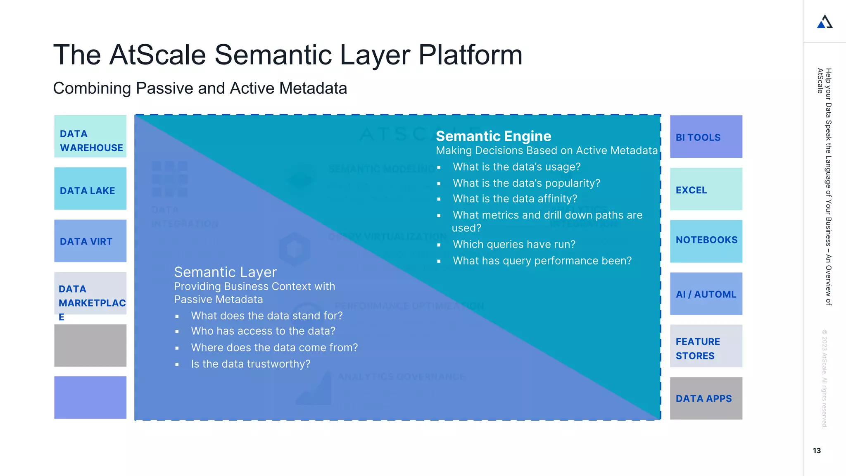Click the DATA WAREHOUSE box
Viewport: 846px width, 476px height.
[90, 136]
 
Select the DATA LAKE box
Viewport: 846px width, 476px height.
[90, 188]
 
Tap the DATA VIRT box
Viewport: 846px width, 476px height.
[90, 241]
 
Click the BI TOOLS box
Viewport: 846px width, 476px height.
[706, 137]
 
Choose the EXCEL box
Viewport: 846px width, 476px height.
[706, 189]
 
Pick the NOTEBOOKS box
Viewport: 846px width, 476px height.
[706, 241]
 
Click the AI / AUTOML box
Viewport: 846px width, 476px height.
[706, 294]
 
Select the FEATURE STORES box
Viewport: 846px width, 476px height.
[706, 346]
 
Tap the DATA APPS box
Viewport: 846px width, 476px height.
[706, 398]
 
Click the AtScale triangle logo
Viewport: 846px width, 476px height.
[825, 22]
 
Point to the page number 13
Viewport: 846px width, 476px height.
[817, 451]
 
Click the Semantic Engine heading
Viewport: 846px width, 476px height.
[493, 136]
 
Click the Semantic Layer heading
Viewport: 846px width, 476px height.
[225, 272]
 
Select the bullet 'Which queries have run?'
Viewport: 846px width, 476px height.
[514, 244]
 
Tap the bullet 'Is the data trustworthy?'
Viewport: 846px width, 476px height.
[250, 364]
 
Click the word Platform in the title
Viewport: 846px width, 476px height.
[470, 55]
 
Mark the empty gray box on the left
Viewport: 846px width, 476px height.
[90, 345]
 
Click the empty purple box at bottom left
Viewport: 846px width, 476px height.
[90, 397]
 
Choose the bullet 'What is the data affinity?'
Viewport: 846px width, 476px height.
[515, 199]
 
